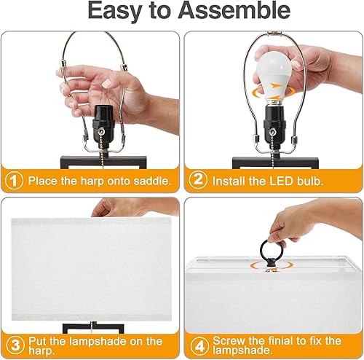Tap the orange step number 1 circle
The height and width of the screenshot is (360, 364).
(12, 179)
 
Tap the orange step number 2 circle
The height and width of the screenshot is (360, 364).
(197, 179)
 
